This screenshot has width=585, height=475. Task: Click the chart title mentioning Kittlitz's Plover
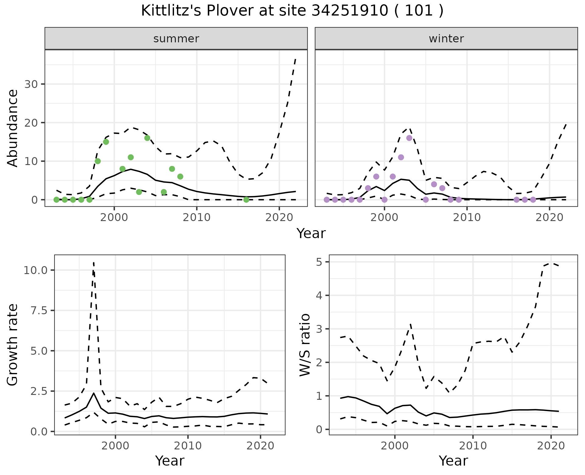[x=292, y=11]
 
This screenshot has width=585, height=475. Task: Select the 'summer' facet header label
[x=176, y=39]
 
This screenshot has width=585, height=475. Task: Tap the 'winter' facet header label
[x=446, y=39]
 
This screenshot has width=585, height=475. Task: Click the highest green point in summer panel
[x=147, y=138]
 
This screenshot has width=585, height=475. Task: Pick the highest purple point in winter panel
[x=409, y=138]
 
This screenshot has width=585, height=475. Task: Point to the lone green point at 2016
[x=246, y=199]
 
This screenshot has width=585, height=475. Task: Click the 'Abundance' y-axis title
[x=13, y=128]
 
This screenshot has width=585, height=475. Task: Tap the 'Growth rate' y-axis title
[x=13, y=345]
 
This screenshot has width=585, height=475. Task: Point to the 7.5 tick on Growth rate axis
[x=39, y=311]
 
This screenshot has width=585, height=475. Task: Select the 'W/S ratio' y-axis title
[x=305, y=345]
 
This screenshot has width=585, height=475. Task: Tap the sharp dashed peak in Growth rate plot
[x=94, y=262]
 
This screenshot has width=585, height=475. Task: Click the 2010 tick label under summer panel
[x=197, y=218]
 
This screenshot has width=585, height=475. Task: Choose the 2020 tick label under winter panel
[x=549, y=218]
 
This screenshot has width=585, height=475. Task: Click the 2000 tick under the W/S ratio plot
[x=395, y=446]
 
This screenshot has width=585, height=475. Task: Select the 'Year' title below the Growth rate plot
[x=170, y=461]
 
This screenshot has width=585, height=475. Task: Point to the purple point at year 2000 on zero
[x=385, y=199]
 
